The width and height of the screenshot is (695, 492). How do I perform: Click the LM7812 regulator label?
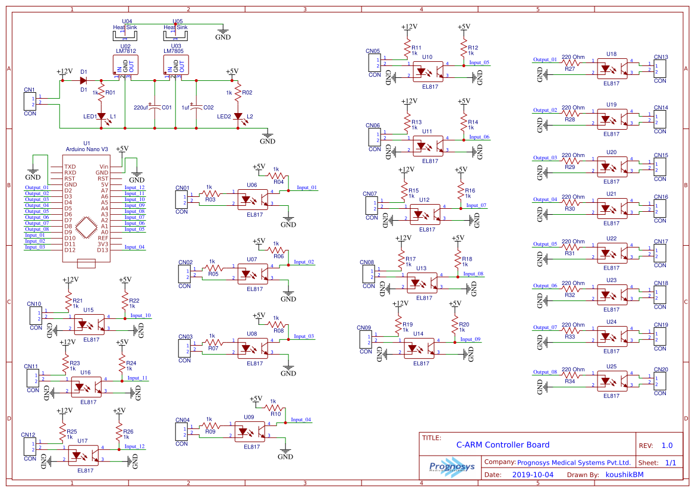click(x=125, y=51)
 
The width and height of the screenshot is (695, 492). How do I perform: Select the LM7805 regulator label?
click(x=176, y=51)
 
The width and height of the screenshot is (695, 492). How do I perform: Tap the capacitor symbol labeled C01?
click(x=155, y=108)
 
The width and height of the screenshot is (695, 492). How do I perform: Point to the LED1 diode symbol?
click(x=101, y=117)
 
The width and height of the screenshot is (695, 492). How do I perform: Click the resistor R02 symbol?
click(x=238, y=93)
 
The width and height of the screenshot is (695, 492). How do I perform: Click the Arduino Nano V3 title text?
click(x=87, y=149)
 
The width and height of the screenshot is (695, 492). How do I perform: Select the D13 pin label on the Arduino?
click(x=103, y=250)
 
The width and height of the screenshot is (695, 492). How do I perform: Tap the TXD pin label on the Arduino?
click(x=70, y=167)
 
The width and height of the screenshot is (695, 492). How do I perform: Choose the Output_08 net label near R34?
click(x=545, y=372)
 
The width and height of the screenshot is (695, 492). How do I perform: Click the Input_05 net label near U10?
click(x=479, y=62)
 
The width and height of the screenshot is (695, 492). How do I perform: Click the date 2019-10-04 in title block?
click(x=532, y=475)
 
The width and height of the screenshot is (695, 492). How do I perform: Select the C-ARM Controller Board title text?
click(x=502, y=444)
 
